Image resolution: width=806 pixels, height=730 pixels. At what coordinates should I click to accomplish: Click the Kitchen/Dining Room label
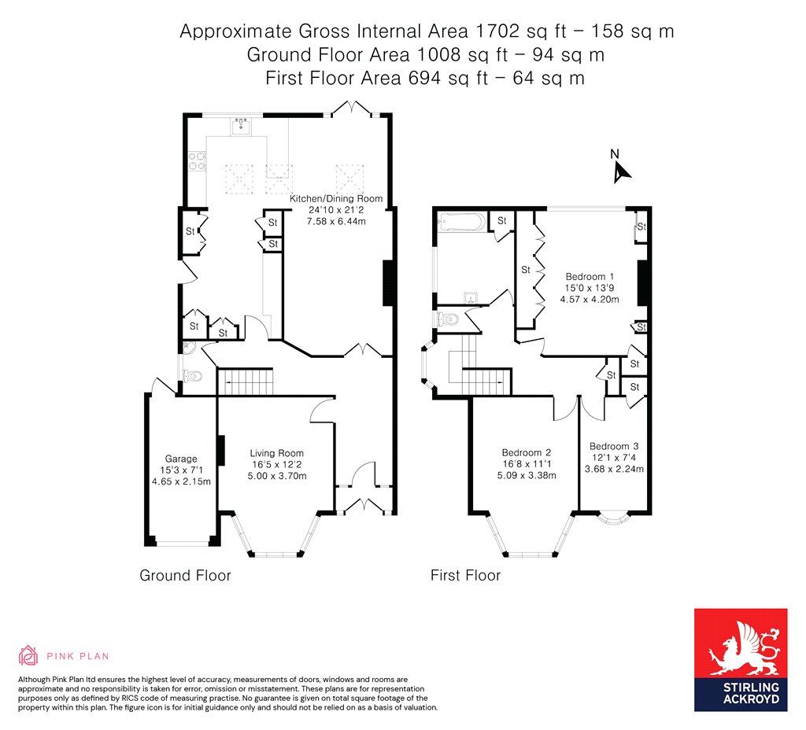pos(336,198)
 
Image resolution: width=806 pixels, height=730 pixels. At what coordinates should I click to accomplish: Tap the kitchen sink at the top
pos(241,125)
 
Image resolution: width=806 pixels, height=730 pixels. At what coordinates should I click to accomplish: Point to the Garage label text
pos(181,459)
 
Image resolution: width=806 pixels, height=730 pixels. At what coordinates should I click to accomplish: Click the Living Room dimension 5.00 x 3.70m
pos(276,476)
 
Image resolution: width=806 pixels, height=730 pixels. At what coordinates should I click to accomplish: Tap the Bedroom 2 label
pos(527,452)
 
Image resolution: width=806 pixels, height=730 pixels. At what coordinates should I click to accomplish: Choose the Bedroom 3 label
pos(614,446)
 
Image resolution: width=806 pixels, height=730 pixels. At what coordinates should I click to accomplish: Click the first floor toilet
pos(447,319)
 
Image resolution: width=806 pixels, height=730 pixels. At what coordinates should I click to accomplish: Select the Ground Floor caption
pos(185,576)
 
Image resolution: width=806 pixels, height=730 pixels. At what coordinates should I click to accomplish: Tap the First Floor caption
pos(465,576)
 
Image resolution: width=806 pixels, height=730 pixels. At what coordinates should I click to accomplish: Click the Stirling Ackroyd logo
pos(740,659)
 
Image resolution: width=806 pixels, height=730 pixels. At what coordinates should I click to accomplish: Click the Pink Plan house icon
pos(28,655)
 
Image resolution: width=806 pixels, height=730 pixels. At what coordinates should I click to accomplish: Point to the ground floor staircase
pos(245,382)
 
